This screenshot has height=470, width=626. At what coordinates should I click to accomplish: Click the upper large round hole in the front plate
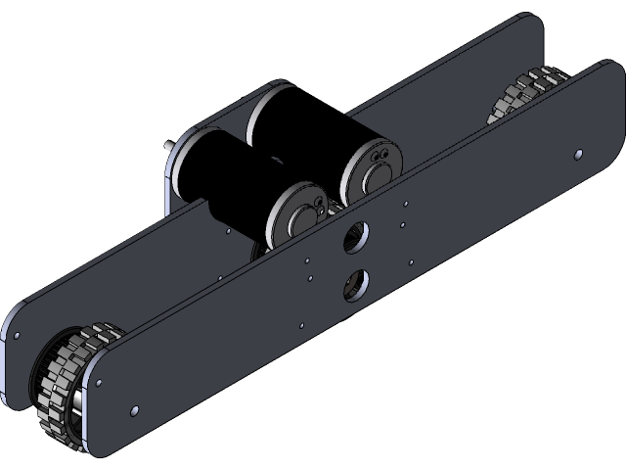point(357,235)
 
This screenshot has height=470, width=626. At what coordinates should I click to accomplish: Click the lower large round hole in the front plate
point(353,283)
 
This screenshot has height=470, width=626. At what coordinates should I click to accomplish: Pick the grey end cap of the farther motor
point(370,167)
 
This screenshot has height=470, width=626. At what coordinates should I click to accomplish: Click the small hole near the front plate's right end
point(578,154)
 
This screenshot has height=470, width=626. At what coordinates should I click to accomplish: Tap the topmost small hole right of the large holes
point(403,204)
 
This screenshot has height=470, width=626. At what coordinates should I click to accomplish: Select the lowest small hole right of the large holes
point(410,261)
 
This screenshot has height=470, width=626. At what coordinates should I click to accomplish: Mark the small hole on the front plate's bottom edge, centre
point(301,325)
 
